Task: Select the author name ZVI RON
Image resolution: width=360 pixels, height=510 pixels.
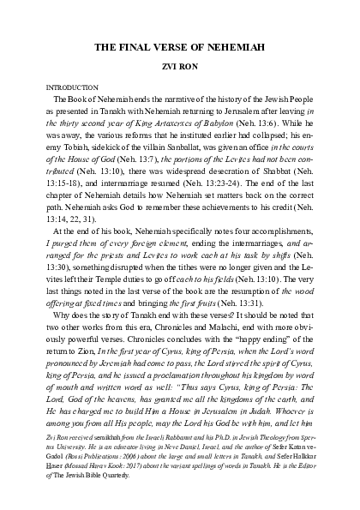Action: pos(179,67)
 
